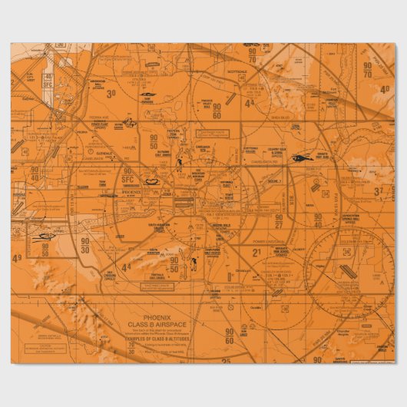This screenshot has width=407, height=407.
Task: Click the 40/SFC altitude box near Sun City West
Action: (48, 80)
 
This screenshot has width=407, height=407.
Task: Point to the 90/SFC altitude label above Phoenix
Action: (127, 175)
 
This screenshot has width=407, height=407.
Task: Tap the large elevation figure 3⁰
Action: (111, 94)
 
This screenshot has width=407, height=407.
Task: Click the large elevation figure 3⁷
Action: (379, 191)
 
